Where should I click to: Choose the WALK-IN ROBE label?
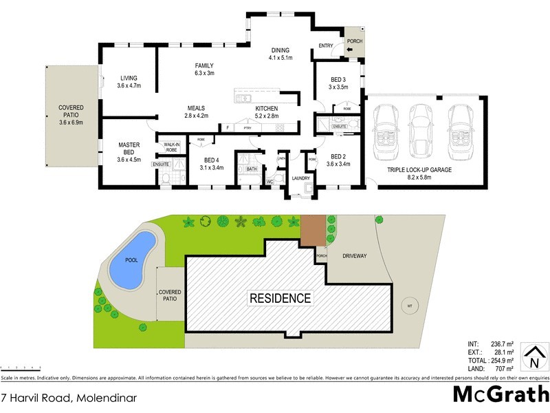click(170, 147)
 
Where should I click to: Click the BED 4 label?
click(211, 162)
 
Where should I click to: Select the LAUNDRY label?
click(301, 178)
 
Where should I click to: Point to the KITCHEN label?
click(267, 109)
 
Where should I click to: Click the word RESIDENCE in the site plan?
click(280, 299)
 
